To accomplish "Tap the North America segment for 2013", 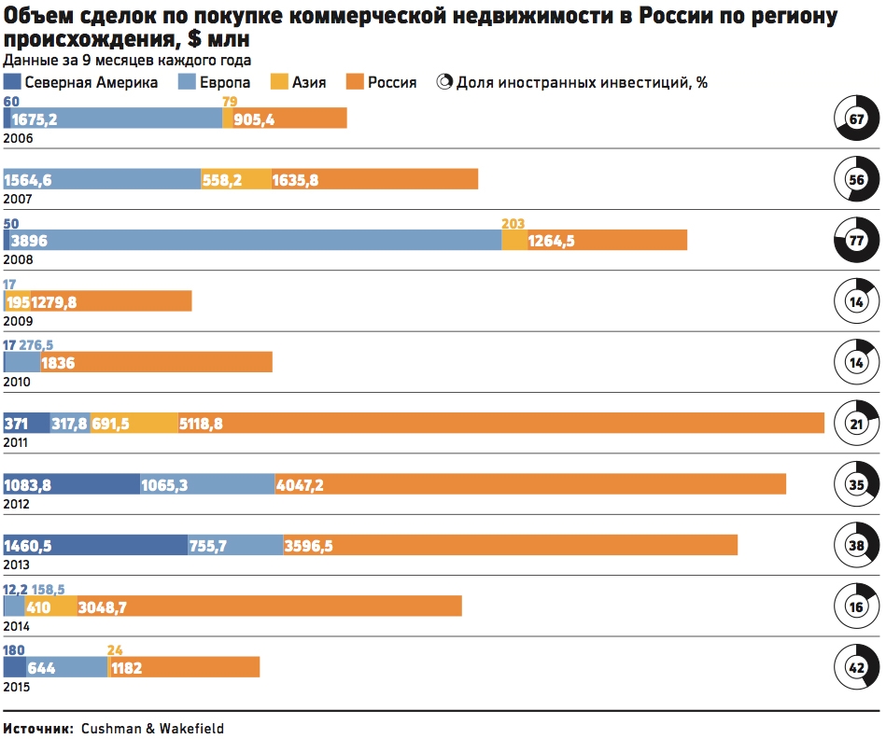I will [x=95, y=544].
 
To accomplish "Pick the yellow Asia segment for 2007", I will [x=235, y=179].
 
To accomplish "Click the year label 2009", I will [x=18, y=321].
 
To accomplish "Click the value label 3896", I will [x=29, y=241].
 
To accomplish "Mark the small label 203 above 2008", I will [x=513, y=224].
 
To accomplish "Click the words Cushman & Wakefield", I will [x=152, y=728].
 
